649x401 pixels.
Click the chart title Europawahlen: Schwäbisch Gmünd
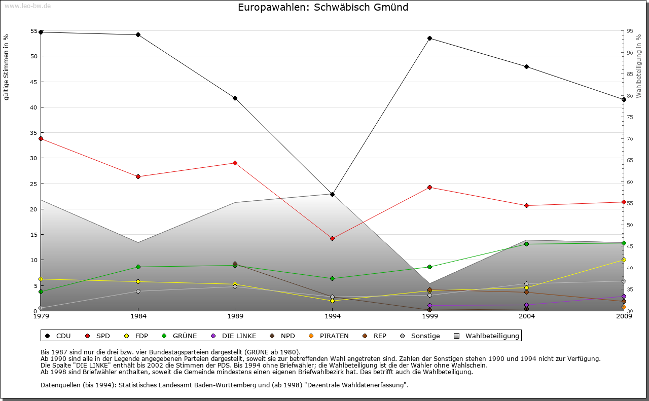[323, 8]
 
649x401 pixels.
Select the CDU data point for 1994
[332, 194]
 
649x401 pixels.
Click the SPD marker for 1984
[138, 176]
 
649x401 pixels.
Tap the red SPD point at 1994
[332, 238]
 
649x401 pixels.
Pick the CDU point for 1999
[429, 38]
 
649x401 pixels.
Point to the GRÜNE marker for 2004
[527, 244]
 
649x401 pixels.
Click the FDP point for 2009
[624, 260]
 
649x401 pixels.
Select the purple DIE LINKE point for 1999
[429, 306]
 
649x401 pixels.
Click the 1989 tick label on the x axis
[235, 316]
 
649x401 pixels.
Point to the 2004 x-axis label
[527, 316]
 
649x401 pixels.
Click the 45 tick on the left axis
[34, 82]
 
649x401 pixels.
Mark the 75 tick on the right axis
[630, 117]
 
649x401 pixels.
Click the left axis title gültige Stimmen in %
[7, 67]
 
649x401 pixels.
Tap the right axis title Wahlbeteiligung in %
[639, 66]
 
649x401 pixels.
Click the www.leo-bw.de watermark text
[26, 6]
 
